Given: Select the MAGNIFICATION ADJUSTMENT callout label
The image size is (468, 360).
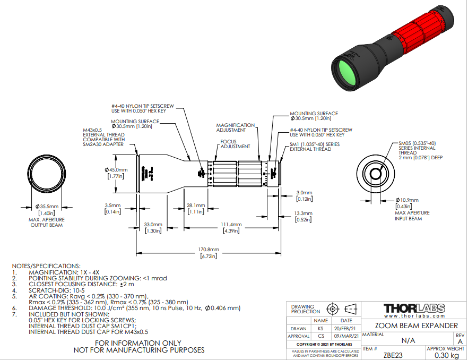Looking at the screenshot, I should tap(235, 127).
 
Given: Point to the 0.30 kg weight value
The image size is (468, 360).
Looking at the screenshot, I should tap(445, 355).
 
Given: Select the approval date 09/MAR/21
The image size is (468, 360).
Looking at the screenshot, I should tap(346, 336).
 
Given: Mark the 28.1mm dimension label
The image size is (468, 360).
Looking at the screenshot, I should tap(196, 205).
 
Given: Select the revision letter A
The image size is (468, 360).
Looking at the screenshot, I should tap(460, 342).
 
